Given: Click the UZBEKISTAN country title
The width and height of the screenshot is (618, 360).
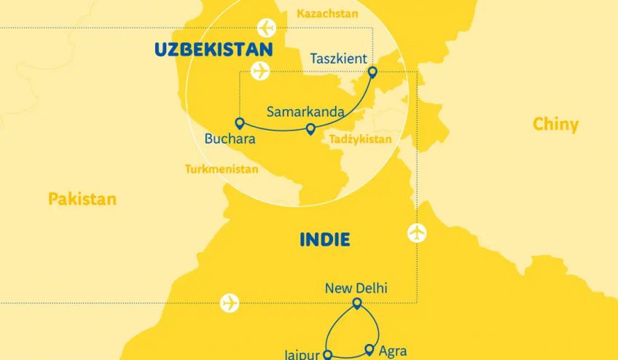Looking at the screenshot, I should pos(214,50).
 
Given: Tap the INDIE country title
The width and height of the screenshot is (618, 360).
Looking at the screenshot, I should pos(324,239).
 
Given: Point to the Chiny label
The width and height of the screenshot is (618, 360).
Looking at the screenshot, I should pos(555,124).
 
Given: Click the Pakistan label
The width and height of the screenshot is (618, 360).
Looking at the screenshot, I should pos(82,198).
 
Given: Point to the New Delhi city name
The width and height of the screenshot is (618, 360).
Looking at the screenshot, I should pos(356,289).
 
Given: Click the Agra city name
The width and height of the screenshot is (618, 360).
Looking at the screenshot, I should pos(392,351).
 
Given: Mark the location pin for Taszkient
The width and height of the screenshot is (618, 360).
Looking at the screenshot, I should pos(372,71).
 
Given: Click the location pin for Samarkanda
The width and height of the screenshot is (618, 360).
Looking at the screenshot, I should pos(310,129).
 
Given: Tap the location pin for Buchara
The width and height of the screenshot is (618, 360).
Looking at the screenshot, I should pos(238,122).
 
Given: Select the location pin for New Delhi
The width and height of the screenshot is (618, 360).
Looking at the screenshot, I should pos(357,303).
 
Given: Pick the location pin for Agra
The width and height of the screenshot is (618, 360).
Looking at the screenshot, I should pos(369,349).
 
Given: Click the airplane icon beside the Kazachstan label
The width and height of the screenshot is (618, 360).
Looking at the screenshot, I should pos(267,28).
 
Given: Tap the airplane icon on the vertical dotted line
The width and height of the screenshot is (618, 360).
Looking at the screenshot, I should pos(417,233).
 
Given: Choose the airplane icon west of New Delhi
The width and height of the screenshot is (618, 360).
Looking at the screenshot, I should pos(230,302).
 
